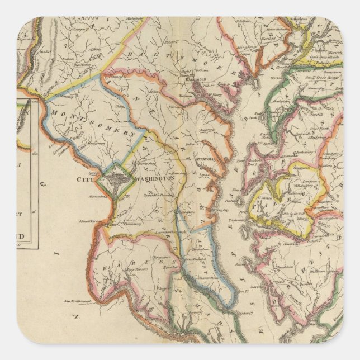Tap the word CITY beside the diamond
click(86, 179)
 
